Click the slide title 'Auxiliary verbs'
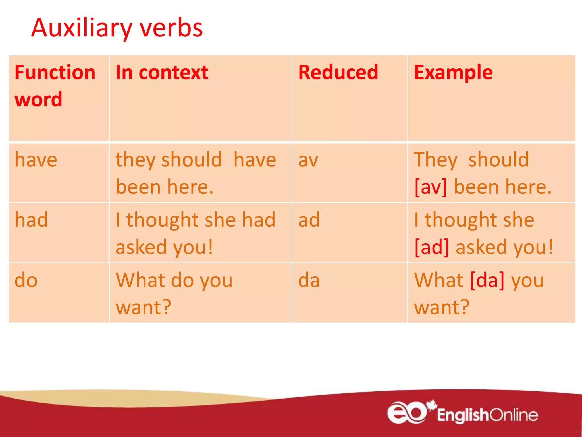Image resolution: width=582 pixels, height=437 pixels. point(117,28)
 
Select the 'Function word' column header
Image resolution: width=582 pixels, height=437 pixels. point(55,85)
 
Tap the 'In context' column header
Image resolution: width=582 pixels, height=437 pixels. point(162,72)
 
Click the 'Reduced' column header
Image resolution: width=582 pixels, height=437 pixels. point(338,72)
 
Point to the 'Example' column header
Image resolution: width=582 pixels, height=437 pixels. point(453,72)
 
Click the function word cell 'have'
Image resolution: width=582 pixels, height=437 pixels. point(36,160)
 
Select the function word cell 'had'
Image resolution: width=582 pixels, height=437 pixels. point(31,220)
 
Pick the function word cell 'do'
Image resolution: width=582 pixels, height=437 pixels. point(26,280)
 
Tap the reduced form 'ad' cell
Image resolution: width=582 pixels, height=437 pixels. point(309,220)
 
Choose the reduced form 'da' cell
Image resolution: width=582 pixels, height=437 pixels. point(309,280)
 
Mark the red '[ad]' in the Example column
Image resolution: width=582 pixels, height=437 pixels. point(432,247)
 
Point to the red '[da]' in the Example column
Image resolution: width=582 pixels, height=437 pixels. point(487,280)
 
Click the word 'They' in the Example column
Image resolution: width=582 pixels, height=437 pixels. point(436,160)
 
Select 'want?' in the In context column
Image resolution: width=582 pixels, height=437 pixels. point(144,308)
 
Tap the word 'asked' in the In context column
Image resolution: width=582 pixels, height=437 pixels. point(141,247)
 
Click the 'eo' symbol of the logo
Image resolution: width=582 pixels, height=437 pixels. point(407,413)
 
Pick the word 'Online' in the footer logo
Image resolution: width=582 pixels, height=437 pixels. point(514,415)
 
